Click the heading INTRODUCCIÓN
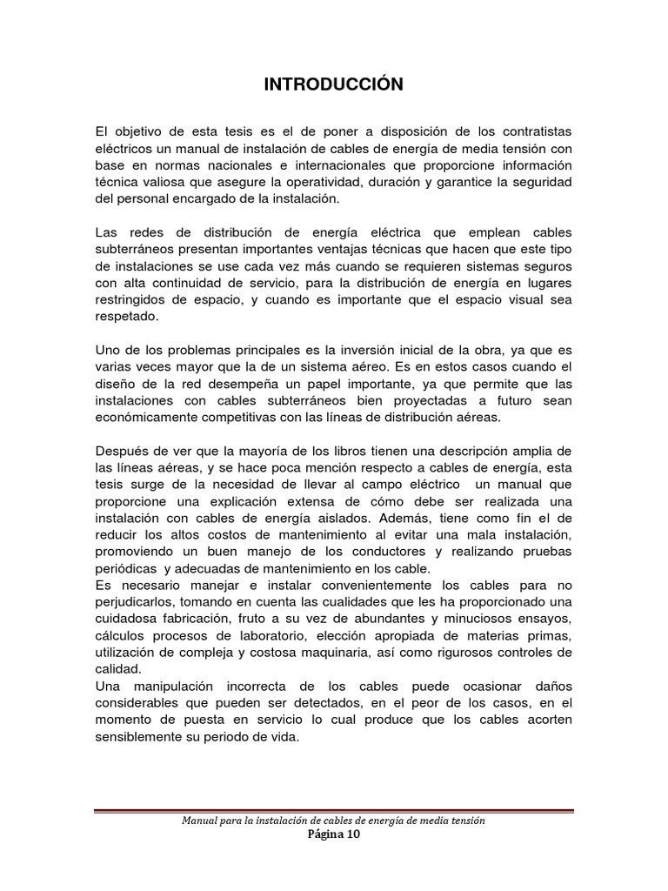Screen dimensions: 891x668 pos(334,84)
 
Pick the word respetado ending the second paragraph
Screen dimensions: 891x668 pos(127,318)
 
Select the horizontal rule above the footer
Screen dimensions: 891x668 pos(334,812)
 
